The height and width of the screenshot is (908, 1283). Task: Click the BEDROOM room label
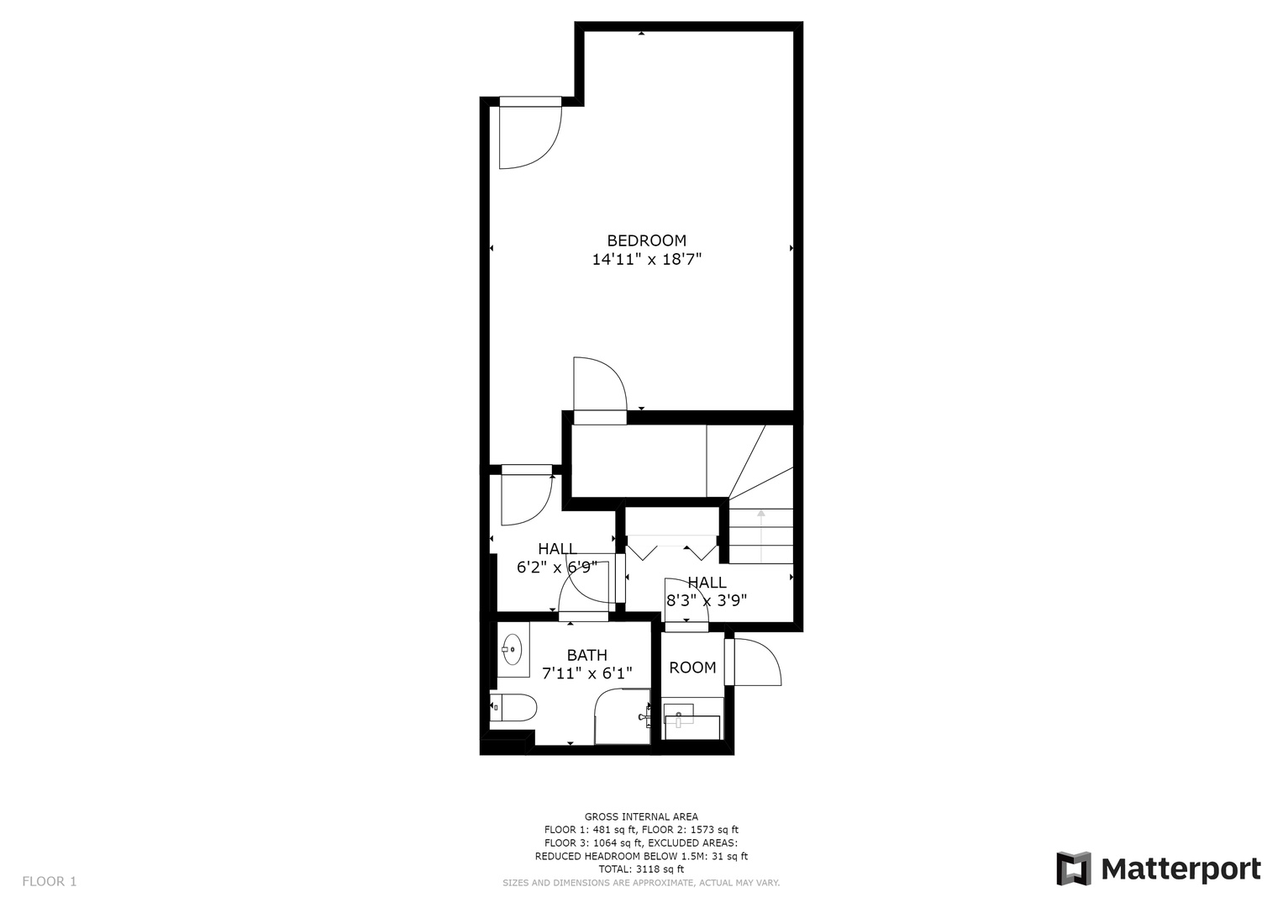[646, 240]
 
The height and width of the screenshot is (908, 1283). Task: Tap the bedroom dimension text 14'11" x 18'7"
[646, 260]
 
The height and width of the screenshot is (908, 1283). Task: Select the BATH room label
[587, 655]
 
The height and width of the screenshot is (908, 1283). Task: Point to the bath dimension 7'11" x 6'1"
[587, 673]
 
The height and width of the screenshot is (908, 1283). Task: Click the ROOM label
[692, 668]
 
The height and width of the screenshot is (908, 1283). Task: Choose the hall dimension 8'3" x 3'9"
[707, 601]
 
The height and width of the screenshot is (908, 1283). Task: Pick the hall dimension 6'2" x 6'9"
[557, 567]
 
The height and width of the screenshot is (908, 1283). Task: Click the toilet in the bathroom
[513, 707]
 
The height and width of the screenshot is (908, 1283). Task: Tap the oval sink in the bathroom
[512, 649]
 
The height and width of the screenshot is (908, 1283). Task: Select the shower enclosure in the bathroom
[623, 716]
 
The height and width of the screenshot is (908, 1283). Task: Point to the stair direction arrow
[760, 536]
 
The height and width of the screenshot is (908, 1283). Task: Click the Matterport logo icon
[1074, 868]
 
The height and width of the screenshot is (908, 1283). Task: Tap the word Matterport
[1181, 869]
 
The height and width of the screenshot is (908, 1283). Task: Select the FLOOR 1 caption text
[50, 881]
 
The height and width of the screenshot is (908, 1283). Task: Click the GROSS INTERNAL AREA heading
[641, 817]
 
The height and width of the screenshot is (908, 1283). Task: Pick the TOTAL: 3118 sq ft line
[641, 869]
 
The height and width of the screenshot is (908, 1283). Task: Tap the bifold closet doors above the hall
[671, 547]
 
